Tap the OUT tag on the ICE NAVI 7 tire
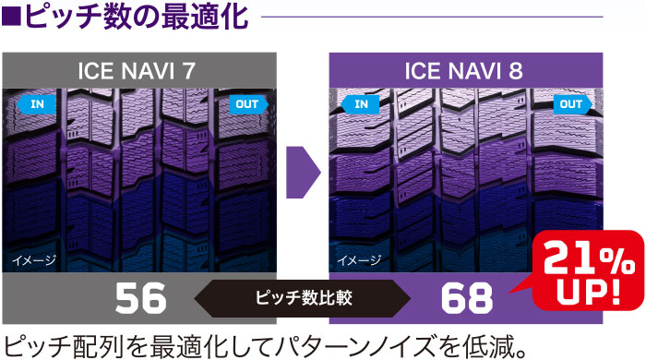(x=247, y=104)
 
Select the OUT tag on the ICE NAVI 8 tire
(x=571, y=104)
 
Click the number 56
(x=139, y=298)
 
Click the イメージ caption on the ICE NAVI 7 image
(x=34, y=261)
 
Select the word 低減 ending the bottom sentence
(x=494, y=342)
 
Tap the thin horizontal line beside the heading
(x=434, y=17)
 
